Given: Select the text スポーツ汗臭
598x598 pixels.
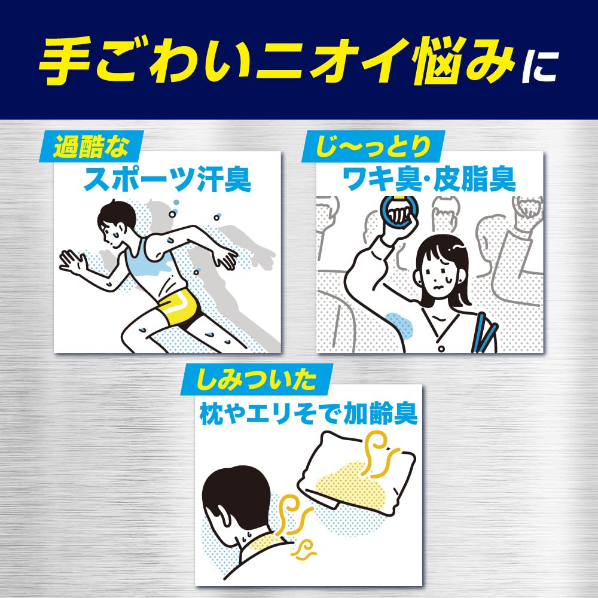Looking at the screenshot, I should pos(167,179).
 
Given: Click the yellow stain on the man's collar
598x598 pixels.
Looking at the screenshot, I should pos(269,544).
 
